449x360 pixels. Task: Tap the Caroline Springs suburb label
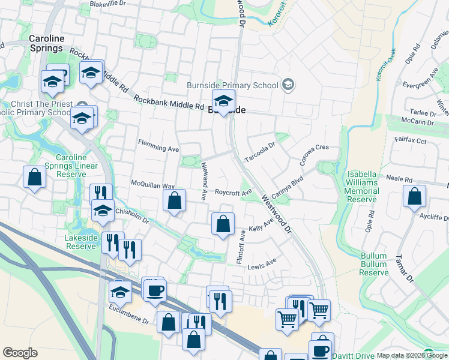(x=46, y=43)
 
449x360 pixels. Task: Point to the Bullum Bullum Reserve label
(x=374, y=264)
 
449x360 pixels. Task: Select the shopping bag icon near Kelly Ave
(x=223, y=224)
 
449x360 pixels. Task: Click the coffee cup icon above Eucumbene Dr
(x=155, y=291)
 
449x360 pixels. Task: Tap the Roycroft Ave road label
(x=234, y=193)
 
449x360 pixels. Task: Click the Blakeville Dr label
(x=106, y=4)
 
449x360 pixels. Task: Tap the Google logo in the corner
(x=20, y=353)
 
